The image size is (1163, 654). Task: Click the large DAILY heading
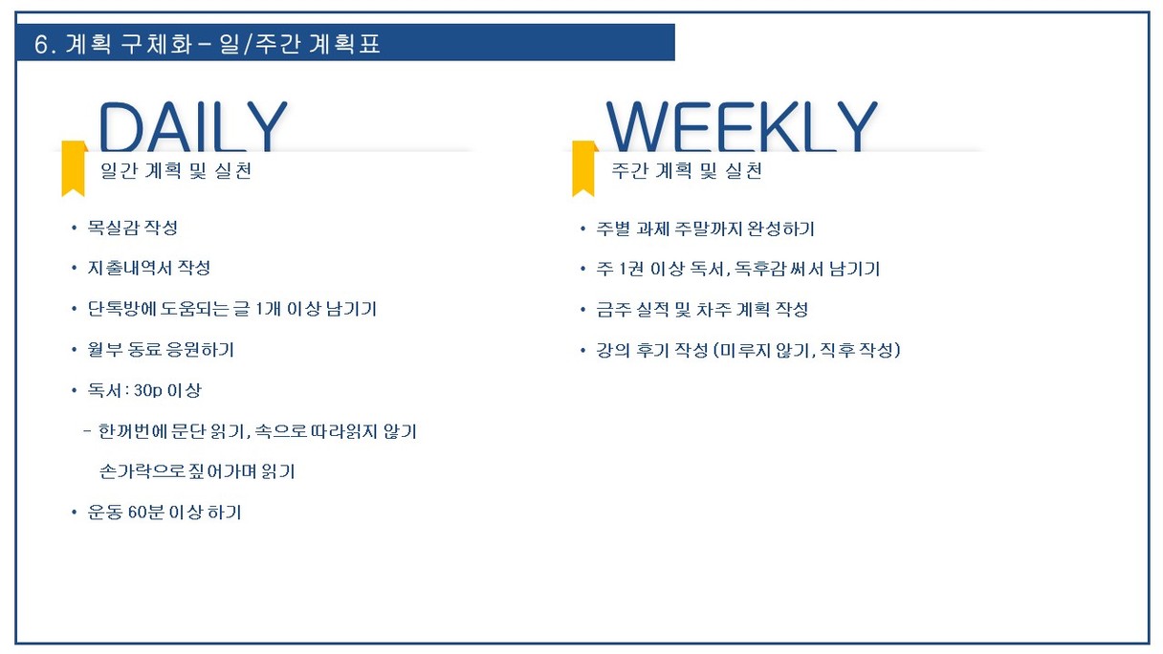pyautogui.click(x=192, y=126)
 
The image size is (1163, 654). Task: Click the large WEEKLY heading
pyautogui.click(x=741, y=126)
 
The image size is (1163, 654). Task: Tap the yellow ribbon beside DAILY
pyautogui.click(x=74, y=168)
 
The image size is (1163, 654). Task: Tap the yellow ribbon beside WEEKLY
pyautogui.click(x=584, y=168)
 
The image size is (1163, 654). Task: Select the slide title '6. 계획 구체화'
pyautogui.click(x=113, y=44)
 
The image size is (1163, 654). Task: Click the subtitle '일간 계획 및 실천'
pyautogui.click(x=176, y=170)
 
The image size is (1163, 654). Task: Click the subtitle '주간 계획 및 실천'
pyautogui.click(x=687, y=170)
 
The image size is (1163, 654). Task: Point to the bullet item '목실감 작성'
pyautogui.click(x=132, y=228)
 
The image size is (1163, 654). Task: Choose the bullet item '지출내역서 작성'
pyautogui.click(x=149, y=268)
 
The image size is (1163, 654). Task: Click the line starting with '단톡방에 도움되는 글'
pyautogui.click(x=232, y=309)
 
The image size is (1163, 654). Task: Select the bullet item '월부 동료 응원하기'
pyautogui.click(x=161, y=349)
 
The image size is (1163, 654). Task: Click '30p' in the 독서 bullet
pyautogui.click(x=148, y=390)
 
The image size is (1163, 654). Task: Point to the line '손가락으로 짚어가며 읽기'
pyautogui.click(x=197, y=471)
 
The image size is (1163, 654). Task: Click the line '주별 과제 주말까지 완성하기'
pyautogui.click(x=705, y=229)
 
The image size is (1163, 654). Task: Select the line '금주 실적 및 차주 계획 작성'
pyautogui.click(x=702, y=310)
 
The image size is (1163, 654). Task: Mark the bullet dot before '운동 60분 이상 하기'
pyautogui.click(x=74, y=512)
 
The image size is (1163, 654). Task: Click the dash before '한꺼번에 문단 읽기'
pyautogui.click(x=87, y=431)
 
